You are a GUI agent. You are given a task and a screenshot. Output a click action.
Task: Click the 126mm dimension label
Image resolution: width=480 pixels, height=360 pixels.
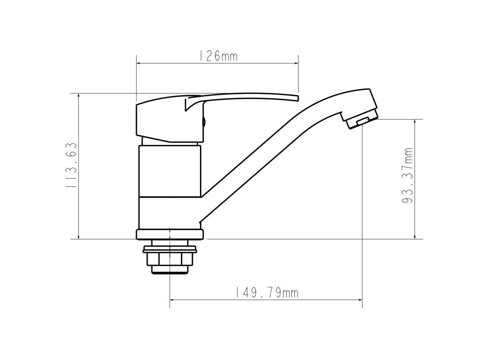(x=218, y=56)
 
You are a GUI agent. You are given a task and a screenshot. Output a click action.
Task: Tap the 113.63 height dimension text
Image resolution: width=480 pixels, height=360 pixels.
(x=71, y=165)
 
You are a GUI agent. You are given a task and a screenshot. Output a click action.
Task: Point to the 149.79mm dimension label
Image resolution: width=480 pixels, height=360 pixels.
(x=267, y=293)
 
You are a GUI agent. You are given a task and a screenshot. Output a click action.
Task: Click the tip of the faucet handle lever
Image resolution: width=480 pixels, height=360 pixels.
(x=298, y=98)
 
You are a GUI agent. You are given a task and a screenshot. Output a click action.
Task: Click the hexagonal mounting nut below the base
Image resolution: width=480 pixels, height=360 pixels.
(x=170, y=259)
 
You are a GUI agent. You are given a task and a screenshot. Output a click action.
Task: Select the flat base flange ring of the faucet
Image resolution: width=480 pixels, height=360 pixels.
(x=170, y=234)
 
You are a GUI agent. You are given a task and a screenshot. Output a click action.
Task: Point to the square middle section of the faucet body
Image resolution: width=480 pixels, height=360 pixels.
(x=170, y=171)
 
